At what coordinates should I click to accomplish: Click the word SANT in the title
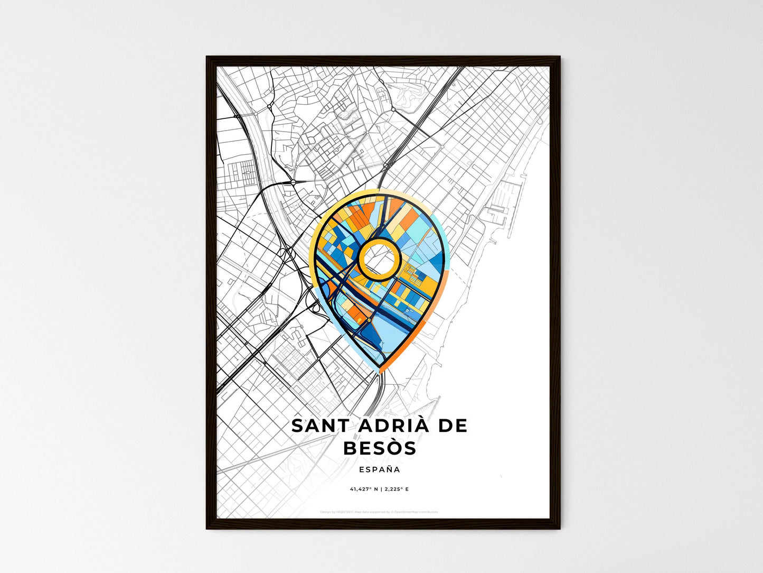pos(315,426)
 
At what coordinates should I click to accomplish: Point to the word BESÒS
pos(379,448)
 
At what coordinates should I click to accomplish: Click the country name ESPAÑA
pos(379,469)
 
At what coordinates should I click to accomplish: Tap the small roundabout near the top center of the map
pos(393,109)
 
